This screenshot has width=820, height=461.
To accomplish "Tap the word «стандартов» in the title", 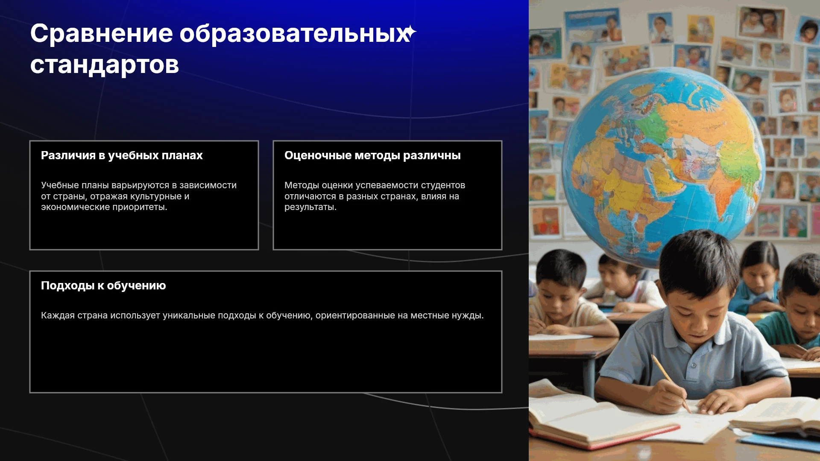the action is (105, 65).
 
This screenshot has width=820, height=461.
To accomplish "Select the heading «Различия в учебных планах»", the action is (122, 155).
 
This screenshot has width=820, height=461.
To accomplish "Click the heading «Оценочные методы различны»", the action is (372, 155).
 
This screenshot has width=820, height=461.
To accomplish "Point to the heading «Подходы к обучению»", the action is (103, 286).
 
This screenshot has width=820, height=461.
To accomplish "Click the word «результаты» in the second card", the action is (310, 207).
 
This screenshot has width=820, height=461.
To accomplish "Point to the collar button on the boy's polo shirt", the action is (694, 365).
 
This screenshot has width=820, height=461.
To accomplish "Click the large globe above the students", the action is (665, 166).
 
